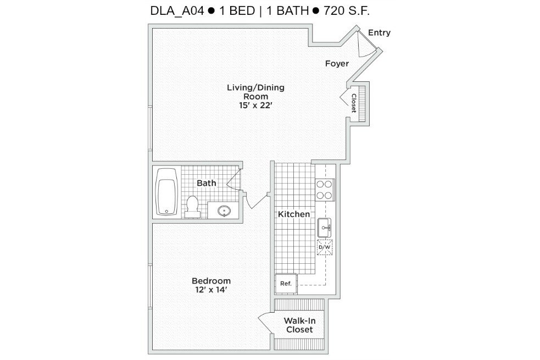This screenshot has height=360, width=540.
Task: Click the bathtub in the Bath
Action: (166, 192)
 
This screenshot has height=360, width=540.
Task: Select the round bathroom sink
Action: (224, 210)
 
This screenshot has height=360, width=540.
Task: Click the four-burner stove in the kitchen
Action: (324, 190)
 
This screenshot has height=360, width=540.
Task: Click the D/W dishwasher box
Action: (325, 247)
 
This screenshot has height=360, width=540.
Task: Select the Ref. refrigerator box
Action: (286, 284)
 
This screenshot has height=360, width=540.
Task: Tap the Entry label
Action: (379, 32)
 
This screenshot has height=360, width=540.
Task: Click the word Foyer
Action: (337, 64)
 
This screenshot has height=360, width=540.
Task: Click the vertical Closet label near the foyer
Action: (354, 103)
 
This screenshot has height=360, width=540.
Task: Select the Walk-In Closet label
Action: (299, 325)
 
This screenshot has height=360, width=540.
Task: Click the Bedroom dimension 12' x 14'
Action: (211, 290)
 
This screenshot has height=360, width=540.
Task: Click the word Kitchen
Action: (294, 214)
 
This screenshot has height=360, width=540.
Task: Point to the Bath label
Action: (206, 183)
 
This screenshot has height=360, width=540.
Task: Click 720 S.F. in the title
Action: (350, 10)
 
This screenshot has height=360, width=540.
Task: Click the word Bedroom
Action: (211, 280)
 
